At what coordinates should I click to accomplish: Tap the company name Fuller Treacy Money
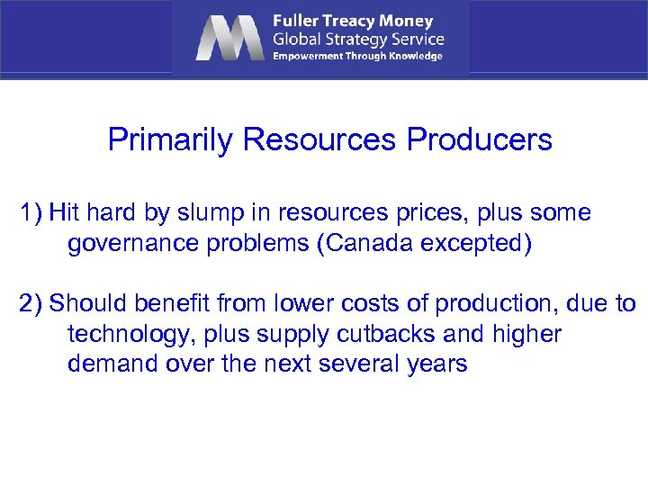(x=353, y=20)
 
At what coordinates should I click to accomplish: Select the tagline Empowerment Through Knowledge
(x=357, y=56)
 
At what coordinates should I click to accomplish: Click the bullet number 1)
(x=31, y=213)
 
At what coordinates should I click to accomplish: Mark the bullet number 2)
(x=31, y=304)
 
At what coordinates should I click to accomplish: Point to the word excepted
(x=477, y=245)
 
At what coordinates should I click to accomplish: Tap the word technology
(x=128, y=335)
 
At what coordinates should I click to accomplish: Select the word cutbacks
(x=388, y=335)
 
